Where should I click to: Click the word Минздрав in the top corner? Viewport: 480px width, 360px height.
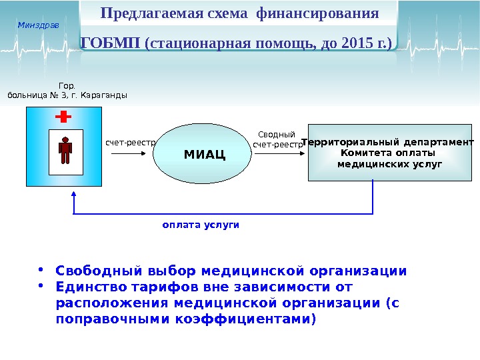38,25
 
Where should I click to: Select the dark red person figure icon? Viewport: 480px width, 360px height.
65,151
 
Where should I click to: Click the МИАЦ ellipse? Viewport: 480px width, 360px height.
203,153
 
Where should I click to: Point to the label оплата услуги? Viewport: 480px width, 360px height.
201,225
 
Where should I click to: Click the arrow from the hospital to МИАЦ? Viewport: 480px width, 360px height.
131,153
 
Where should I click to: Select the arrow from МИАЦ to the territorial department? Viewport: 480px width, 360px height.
279,153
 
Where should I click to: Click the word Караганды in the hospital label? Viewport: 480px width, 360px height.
106,95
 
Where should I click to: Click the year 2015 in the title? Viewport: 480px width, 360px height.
355,44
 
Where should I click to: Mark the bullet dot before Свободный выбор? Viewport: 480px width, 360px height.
41,271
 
